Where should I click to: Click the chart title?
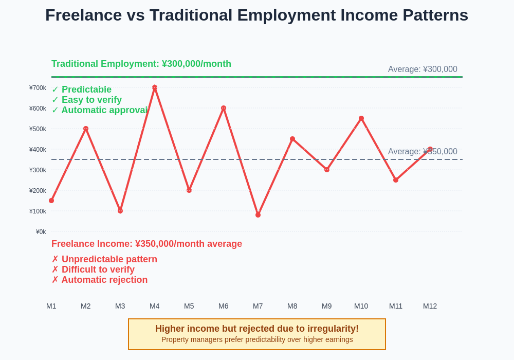256,15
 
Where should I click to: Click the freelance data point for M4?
155,88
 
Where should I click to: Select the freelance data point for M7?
258,215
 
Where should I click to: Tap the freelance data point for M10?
361,118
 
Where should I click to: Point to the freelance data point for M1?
51,201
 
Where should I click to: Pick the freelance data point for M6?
224,108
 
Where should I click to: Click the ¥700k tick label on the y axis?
38,88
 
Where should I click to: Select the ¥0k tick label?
41,232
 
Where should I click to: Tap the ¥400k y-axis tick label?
38,150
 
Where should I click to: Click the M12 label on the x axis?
430,306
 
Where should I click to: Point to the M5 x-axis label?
189,306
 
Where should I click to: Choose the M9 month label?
327,306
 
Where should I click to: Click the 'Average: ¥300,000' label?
423,69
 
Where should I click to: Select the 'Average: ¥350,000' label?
423,152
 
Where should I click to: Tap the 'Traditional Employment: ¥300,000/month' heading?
141,64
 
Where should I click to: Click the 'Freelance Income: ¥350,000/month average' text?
146,244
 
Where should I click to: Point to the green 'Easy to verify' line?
91,100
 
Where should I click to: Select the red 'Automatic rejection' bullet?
104,280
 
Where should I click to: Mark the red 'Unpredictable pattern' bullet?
109,259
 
